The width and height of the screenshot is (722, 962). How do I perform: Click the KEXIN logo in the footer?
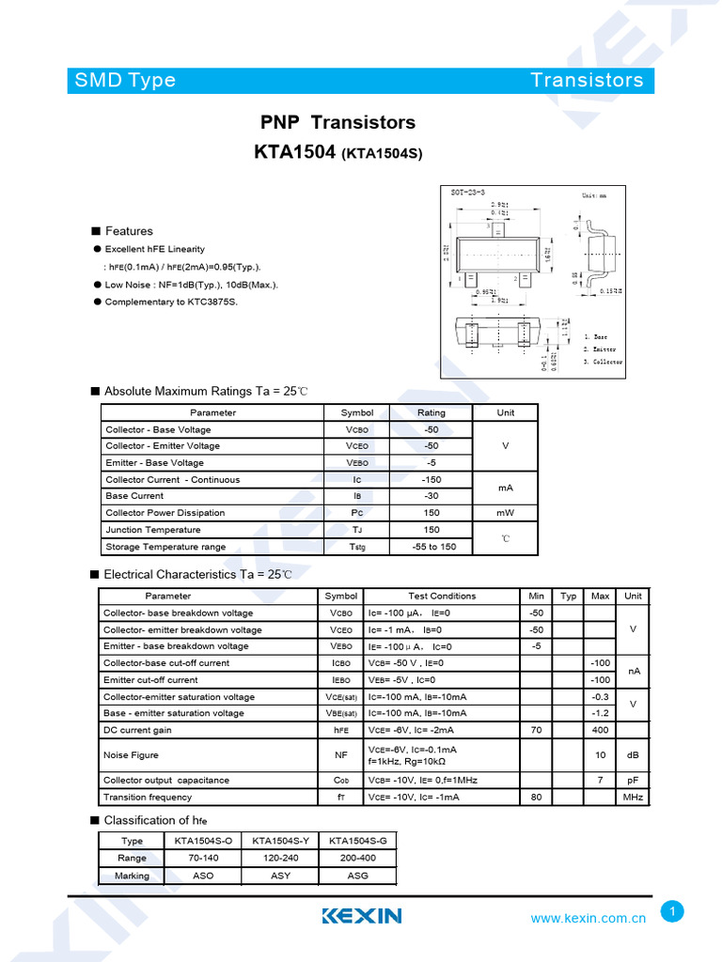point(362,916)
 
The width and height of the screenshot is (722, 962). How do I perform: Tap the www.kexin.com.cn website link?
point(588,919)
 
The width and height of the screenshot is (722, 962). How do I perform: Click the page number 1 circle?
point(672,911)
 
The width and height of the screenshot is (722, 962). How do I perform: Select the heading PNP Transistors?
point(337,122)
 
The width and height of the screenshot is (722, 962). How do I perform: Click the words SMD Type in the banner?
point(125,80)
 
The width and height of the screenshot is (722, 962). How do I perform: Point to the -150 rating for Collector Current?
point(432,479)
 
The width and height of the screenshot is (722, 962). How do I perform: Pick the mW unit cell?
point(506,513)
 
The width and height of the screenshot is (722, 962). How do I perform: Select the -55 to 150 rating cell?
point(432,547)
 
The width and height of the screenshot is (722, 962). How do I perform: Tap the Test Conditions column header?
point(442,596)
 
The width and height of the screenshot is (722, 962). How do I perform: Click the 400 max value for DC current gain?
point(600,730)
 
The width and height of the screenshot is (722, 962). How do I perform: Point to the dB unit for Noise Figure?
point(633,755)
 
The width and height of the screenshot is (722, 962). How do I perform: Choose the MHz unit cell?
point(633,798)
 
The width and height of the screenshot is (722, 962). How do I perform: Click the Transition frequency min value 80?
point(537,798)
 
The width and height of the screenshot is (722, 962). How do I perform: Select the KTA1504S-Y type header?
point(280,841)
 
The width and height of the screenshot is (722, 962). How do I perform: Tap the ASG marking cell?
point(357,876)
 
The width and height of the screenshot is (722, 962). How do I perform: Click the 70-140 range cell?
point(203,858)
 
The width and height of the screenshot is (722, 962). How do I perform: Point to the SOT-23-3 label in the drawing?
point(467,192)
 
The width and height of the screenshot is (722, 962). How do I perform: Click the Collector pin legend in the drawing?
point(603,362)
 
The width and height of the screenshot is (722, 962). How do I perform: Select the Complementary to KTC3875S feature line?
point(171,302)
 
